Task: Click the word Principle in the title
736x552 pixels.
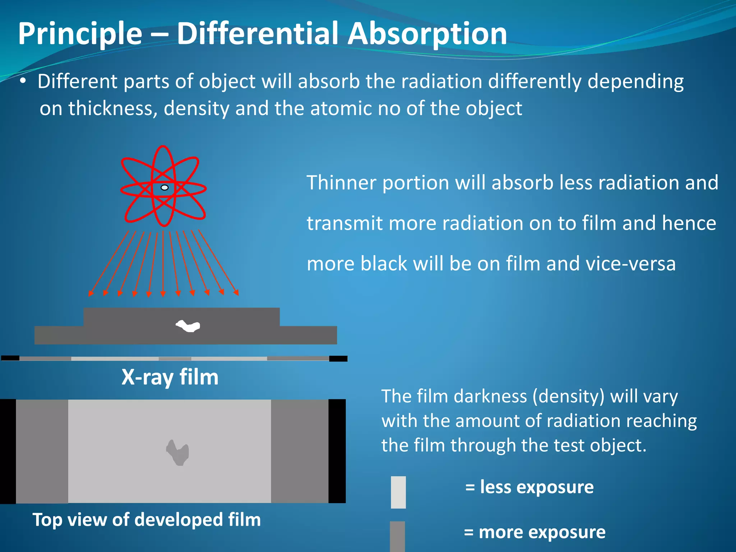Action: tap(80, 34)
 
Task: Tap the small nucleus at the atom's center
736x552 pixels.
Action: tap(165, 188)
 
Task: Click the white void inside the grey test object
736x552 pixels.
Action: tap(188, 326)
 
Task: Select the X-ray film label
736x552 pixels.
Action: tap(170, 377)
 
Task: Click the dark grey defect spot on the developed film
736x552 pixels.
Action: tap(178, 453)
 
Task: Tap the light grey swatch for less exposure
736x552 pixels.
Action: tap(398, 492)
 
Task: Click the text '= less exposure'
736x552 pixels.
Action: tap(529, 487)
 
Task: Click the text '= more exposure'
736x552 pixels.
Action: tap(534, 532)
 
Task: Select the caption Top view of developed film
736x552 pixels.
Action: tap(147, 520)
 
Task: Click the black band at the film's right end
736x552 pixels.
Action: tap(337, 451)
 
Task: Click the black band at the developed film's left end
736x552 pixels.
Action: tap(8, 451)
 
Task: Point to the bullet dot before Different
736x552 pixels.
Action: tap(23, 81)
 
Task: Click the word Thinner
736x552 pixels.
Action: tap(341, 183)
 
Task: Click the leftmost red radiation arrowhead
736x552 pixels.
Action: tap(91, 294)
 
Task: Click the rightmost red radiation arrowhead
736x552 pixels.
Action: tap(236, 293)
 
